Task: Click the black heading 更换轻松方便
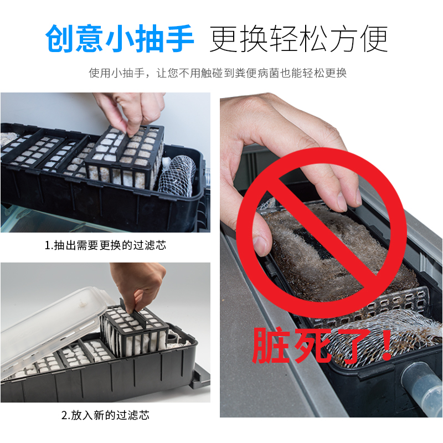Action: (x=298, y=38)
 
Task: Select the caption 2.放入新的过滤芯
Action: (x=105, y=415)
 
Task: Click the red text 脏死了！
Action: (x=321, y=344)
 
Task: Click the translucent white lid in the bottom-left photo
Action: (x=50, y=327)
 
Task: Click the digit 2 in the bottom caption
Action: (x=64, y=415)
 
